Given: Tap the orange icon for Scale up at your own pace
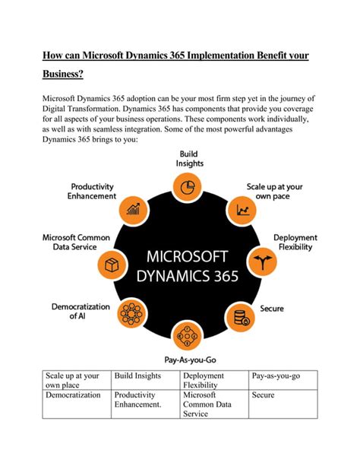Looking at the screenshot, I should coord(245,208).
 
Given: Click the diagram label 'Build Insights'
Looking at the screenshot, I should coord(190,159).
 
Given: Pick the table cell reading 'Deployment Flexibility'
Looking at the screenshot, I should coord(215,380).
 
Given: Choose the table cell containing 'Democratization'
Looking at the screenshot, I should coord(76,395).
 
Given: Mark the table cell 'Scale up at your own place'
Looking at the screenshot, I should coord(76,380).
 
